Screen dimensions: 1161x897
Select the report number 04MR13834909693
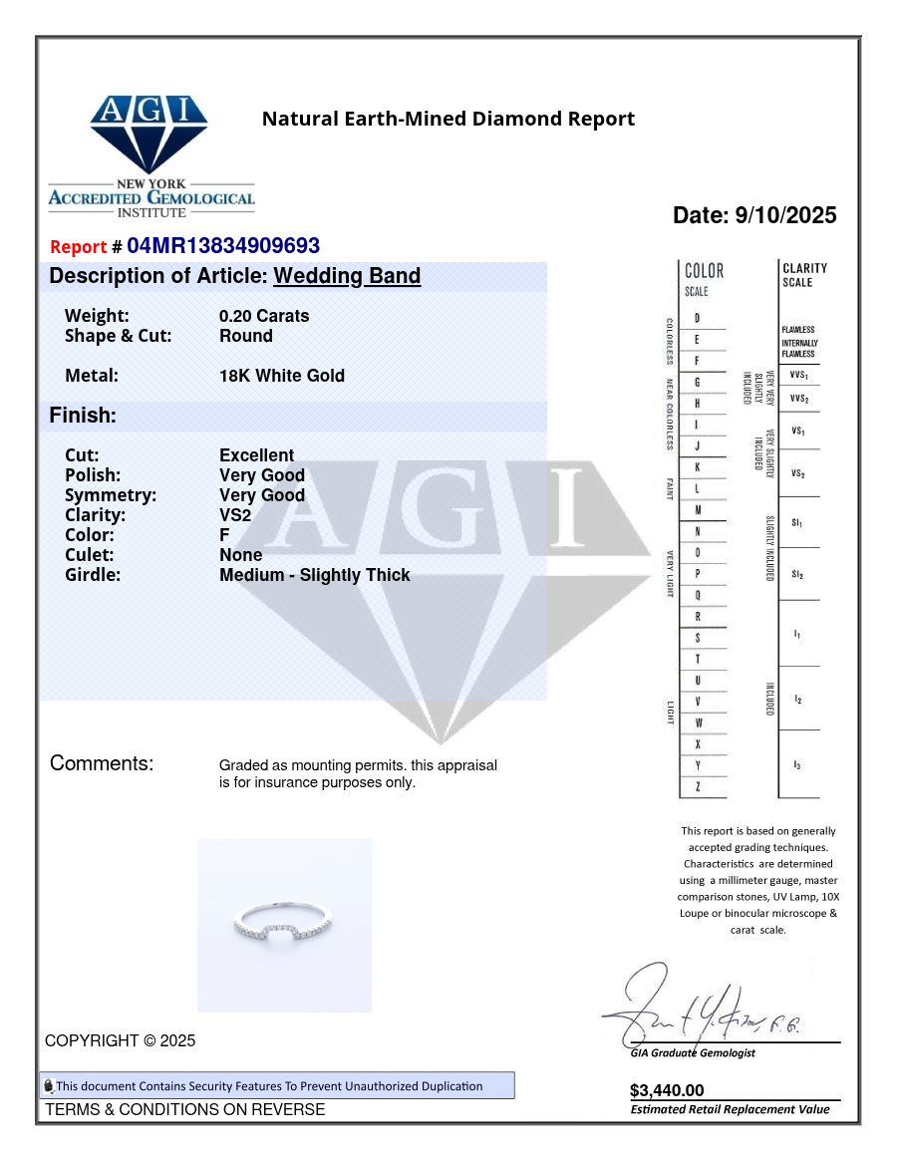click(x=223, y=246)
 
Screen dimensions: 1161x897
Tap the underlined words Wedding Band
click(x=347, y=276)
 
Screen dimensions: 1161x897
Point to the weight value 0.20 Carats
click(x=264, y=316)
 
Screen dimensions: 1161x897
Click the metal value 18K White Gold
click(x=282, y=376)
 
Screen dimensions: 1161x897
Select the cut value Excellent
click(x=256, y=455)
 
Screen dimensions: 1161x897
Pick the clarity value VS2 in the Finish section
click(x=235, y=515)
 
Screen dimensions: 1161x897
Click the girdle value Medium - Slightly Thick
click(x=314, y=575)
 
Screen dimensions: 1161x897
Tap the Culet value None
click(x=241, y=555)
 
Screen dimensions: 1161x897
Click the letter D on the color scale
click(x=697, y=318)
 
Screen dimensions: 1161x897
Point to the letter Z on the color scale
click(x=698, y=787)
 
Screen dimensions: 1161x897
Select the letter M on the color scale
click(x=698, y=510)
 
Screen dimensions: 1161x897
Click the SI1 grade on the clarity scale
click(x=797, y=523)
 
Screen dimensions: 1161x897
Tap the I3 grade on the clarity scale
click(x=797, y=764)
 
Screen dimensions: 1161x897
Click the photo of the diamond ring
click(x=284, y=924)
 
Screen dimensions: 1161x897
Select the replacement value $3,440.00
click(x=667, y=1090)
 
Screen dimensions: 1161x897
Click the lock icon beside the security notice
click(x=48, y=1086)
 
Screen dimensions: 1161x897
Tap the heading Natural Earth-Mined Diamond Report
click(x=448, y=120)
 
